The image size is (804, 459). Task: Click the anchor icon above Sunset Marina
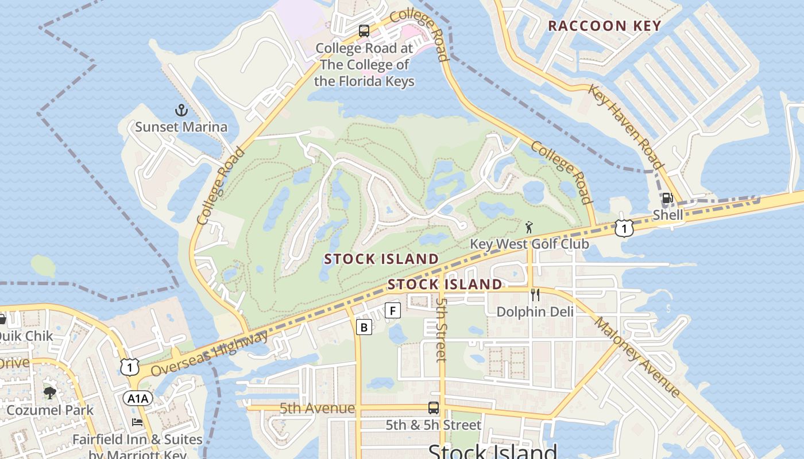pos(181,110)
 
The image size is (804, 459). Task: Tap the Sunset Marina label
pos(181,127)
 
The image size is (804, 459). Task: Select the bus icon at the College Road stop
pos(364,31)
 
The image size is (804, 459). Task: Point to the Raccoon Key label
pos(605,26)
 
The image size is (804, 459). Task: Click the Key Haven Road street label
pos(625,127)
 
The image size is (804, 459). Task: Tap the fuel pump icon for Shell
pos(667,199)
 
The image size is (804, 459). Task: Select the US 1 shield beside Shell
pos(624,228)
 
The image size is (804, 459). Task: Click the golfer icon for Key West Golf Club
pos(529,227)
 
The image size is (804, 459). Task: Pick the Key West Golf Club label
pos(529,244)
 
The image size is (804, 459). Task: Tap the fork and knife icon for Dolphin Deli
pos(535,295)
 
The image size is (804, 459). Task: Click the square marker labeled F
pos(393,310)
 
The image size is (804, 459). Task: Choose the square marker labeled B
pos(364,327)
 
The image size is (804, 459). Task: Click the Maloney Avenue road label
pos(637,357)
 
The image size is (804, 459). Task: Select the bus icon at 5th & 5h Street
pos(434,408)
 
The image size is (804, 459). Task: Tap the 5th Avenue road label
pos(317,408)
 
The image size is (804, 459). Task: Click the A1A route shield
pos(138,398)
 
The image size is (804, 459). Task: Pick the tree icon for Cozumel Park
pos(50,393)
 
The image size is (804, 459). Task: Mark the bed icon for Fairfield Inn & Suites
pos(137,422)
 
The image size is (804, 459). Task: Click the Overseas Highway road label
pos(210,353)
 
